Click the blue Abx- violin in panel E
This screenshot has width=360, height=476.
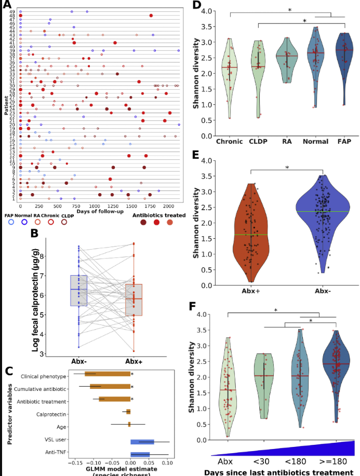(323, 218)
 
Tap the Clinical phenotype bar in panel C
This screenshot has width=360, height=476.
(108, 373)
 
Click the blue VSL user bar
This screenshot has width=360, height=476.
(142, 442)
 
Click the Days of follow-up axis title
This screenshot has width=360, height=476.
(98, 211)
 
